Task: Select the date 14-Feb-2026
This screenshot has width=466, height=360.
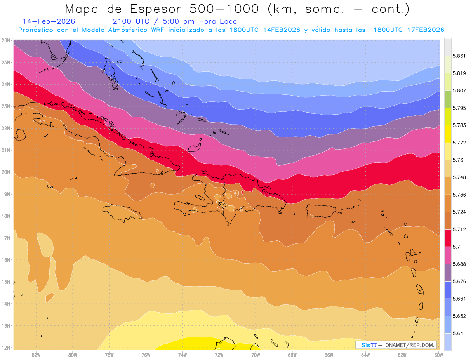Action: [x=49, y=21]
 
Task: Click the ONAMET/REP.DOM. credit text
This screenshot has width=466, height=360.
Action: [x=407, y=345]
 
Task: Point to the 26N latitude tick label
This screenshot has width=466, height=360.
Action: [x=6, y=40]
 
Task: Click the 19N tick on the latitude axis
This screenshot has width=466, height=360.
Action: [x=6, y=194]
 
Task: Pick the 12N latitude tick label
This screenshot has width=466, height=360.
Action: [x=6, y=348]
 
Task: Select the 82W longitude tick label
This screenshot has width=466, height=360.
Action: [x=36, y=355]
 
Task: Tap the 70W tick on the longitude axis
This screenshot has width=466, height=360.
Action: [x=256, y=355]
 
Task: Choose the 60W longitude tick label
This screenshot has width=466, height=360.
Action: [x=439, y=355]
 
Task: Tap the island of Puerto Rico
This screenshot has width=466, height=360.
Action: [x=321, y=210]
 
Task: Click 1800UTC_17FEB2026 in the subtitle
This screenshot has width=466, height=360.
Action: [x=409, y=30]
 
